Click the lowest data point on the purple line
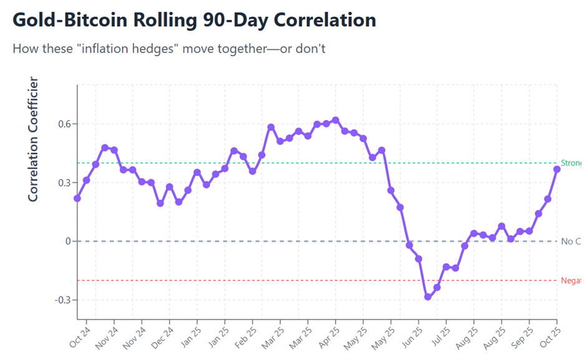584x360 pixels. pos(428,297)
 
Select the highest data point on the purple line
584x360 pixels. pos(336,120)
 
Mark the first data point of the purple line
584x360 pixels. pos(77,198)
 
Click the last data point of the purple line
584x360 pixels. pos(557,169)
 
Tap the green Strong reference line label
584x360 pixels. pos(571,163)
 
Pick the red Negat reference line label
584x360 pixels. pos(571,281)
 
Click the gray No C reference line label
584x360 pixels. pos(570,241)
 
